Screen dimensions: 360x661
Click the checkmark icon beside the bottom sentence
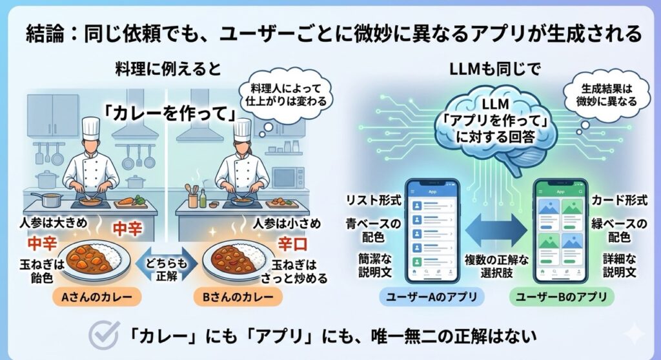coord(103,335)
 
